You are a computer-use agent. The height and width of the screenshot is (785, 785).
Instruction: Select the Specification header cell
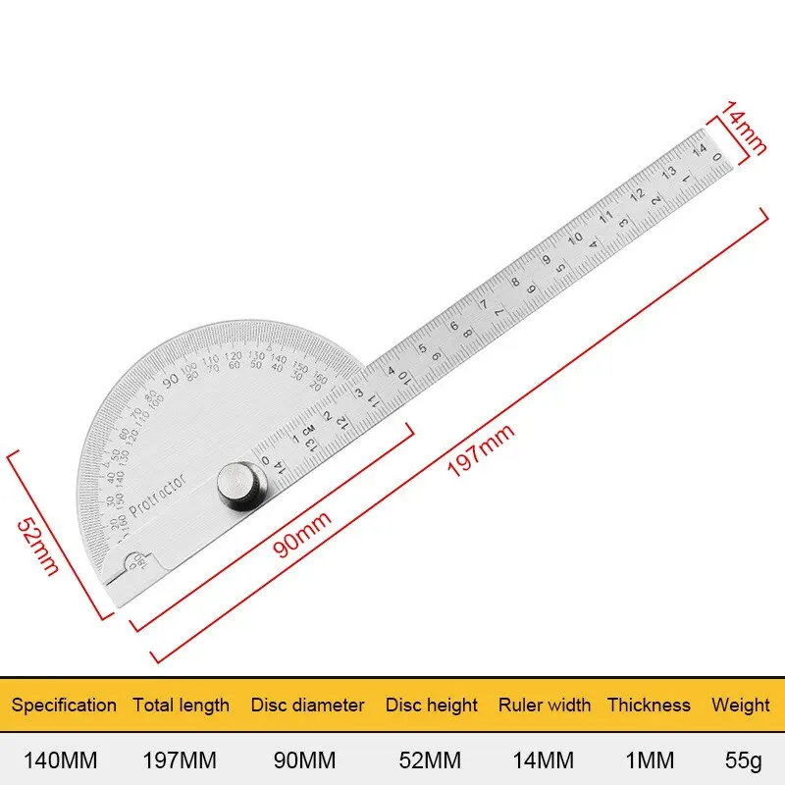tap(64, 705)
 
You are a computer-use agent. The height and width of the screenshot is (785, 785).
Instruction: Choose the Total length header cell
tap(182, 705)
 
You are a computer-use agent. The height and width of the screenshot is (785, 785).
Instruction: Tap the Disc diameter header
tap(307, 705)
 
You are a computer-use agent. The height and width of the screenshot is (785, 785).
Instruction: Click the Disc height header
tap(431, 705)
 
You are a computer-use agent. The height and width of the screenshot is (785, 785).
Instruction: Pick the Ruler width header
tap(545, 705)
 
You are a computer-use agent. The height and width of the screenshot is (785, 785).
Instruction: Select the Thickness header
tap(649, 705)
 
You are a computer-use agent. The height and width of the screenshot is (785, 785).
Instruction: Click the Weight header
tap(741, 705)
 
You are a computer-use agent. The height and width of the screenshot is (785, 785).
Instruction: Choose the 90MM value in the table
tap(307, 759)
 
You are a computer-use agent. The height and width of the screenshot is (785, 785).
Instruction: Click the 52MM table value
tap(431, 759)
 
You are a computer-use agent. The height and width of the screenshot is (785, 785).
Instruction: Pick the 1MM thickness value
tap(649, 759)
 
